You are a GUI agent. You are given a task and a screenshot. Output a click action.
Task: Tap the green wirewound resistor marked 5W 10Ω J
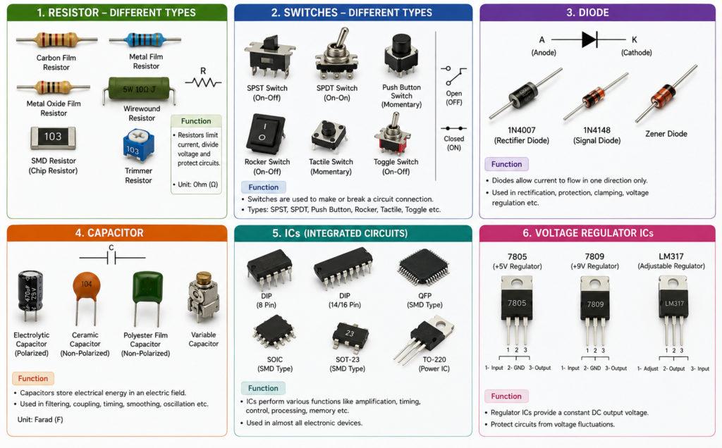pyautogui.click(x=139, y=89)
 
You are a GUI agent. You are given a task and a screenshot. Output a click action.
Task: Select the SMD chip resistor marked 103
pyautogui.click(x=53, y=137)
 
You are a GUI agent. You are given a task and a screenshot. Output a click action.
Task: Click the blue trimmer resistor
pyautogui.click(x=138, y=145)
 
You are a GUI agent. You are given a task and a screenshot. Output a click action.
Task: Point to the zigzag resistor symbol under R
pyautogui.click(x=203, y=83)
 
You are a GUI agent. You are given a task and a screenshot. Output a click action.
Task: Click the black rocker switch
pyautogui.click(x=265, y=135)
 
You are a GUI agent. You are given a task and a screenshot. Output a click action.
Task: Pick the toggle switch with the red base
pyautogui.click(x=393, y=135)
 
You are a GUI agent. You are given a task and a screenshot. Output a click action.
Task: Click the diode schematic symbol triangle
pyautogui.click(x=589, y=39)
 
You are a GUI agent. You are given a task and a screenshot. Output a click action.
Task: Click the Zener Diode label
pyautogui.click(x=666, y=134)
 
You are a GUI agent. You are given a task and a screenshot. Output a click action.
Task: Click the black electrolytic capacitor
pyautogui.click(x=30, y=295)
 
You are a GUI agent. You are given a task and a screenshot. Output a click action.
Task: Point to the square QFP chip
pyautogui.click(x=424, y=267)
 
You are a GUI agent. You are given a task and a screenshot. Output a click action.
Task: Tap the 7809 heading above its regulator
pyautogui.click(x=594, y=256)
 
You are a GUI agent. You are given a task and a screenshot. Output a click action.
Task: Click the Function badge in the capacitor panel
pyautogui.click(x=33, y=378)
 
